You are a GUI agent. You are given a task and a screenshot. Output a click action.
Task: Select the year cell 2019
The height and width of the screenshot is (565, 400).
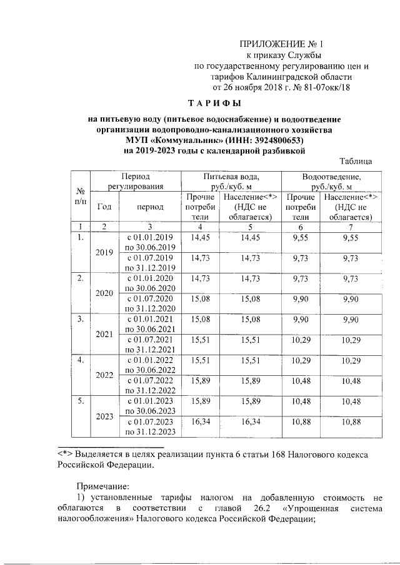coord(104,252)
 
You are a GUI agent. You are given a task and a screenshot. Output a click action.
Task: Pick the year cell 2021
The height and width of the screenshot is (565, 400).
coord(104,334)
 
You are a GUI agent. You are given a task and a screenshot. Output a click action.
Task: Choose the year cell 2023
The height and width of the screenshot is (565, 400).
coord(104,416)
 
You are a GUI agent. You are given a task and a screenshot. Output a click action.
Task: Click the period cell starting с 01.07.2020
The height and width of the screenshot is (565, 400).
coord(149,303)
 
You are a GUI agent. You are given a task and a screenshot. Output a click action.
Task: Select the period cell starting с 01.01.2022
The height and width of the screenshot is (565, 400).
coord(149,364)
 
